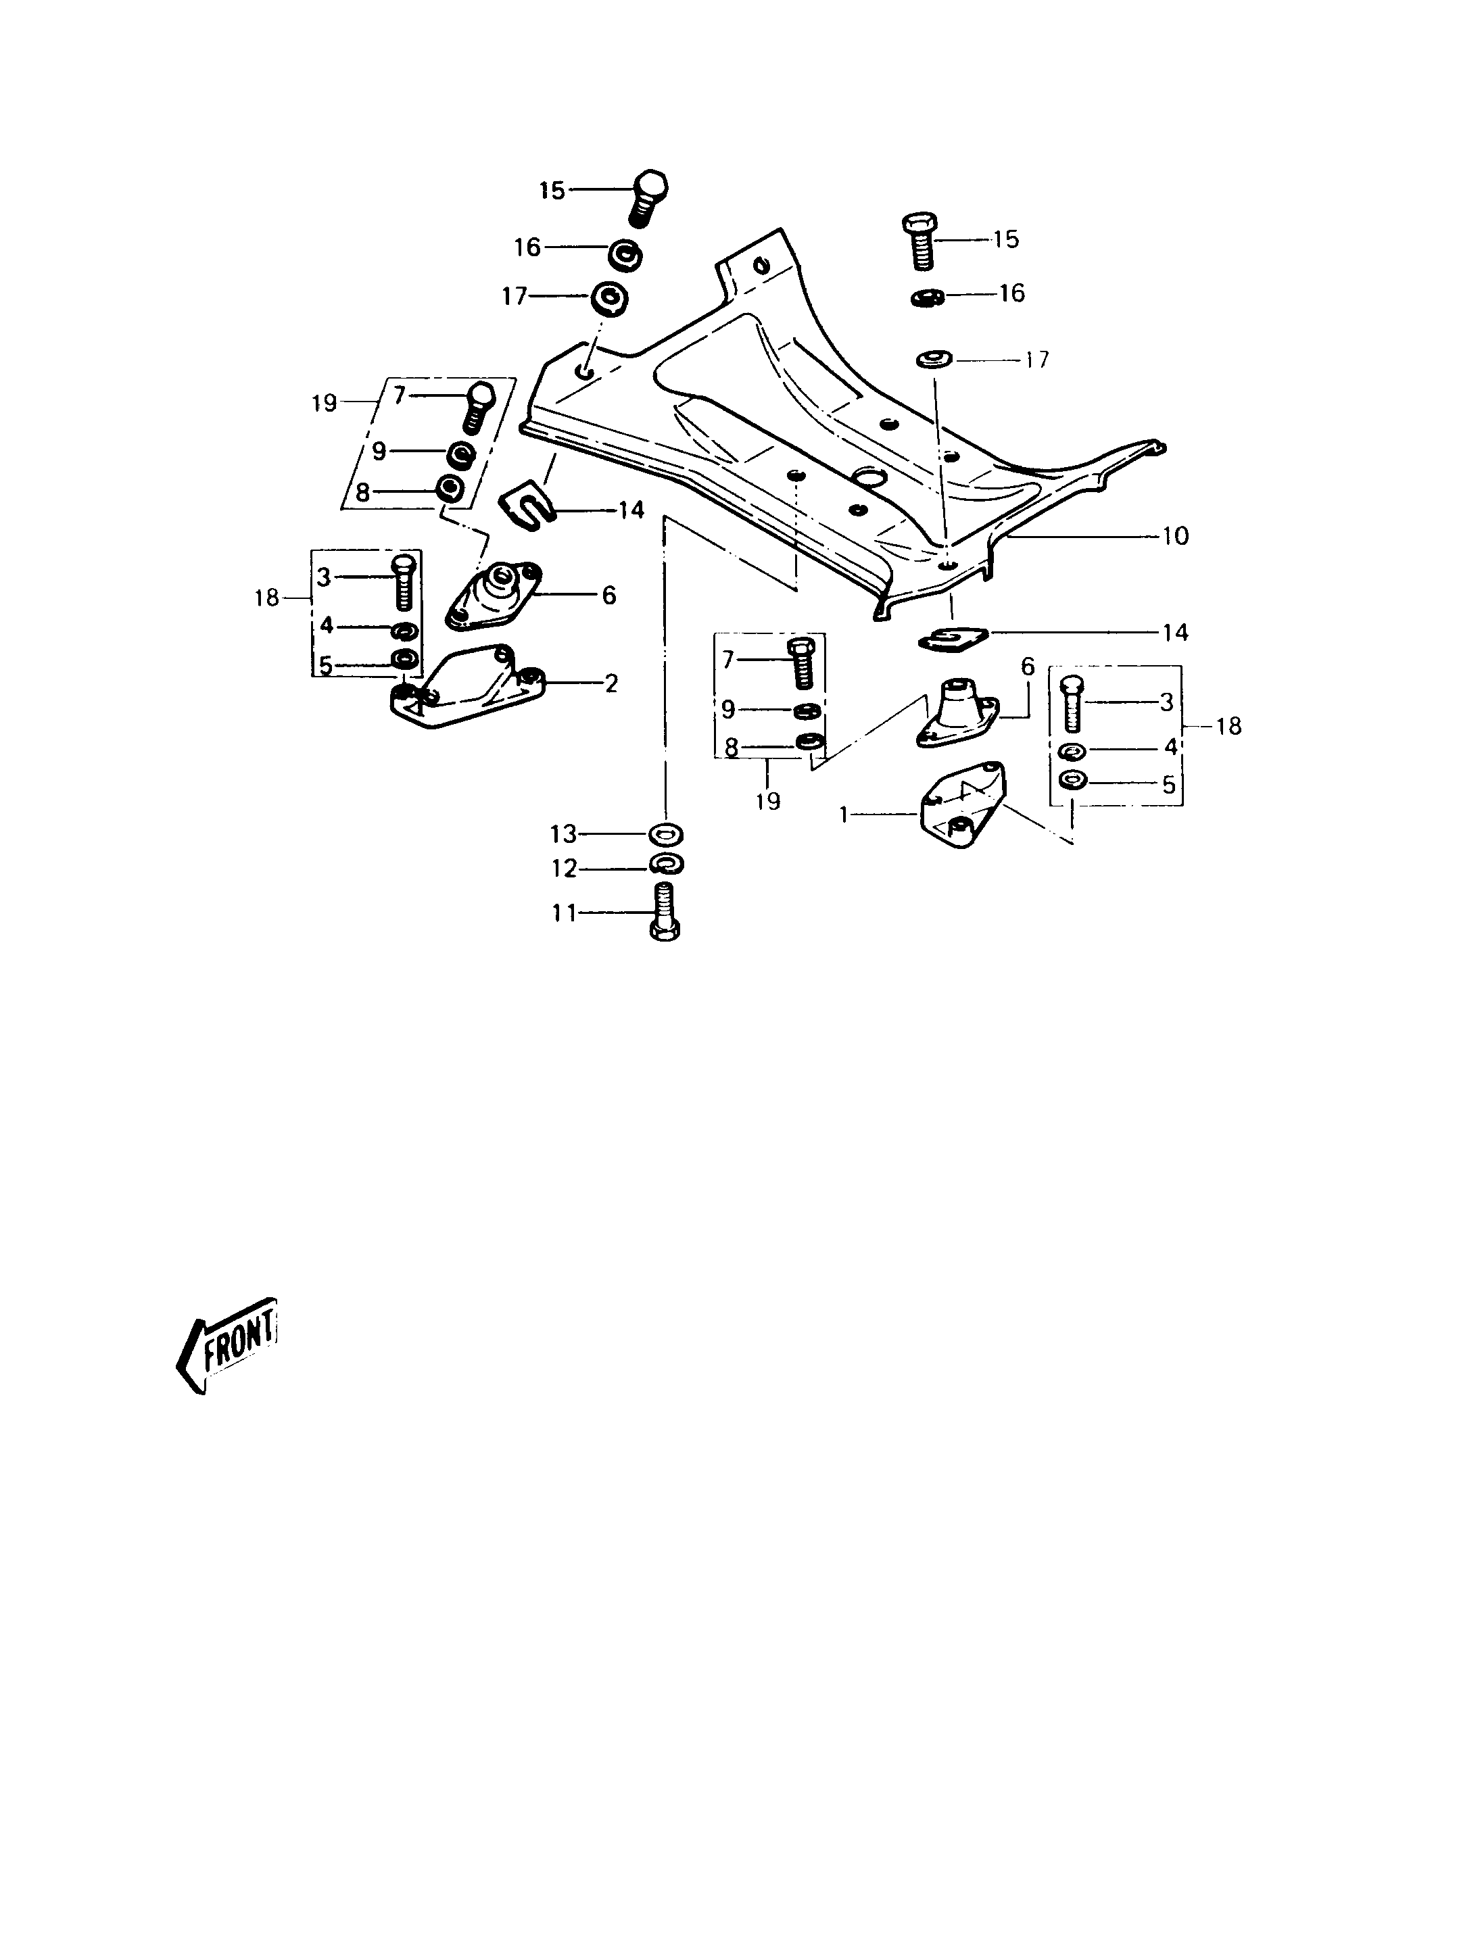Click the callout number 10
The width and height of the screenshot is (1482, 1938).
tap(1176, 535)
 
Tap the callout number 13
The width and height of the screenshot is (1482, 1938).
tap(563, 833)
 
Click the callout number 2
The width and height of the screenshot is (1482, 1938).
tap(611, 683)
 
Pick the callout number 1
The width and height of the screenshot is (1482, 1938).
tap(843, 816)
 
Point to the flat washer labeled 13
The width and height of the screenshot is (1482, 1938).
tap(666, 833)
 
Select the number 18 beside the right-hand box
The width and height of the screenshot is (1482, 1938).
tap(1228, 726)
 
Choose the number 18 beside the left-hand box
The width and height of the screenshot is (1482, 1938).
tap(266, 598)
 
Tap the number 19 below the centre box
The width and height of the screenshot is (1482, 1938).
tap(767, 801)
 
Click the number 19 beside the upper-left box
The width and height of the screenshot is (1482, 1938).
tap(325, 403)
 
